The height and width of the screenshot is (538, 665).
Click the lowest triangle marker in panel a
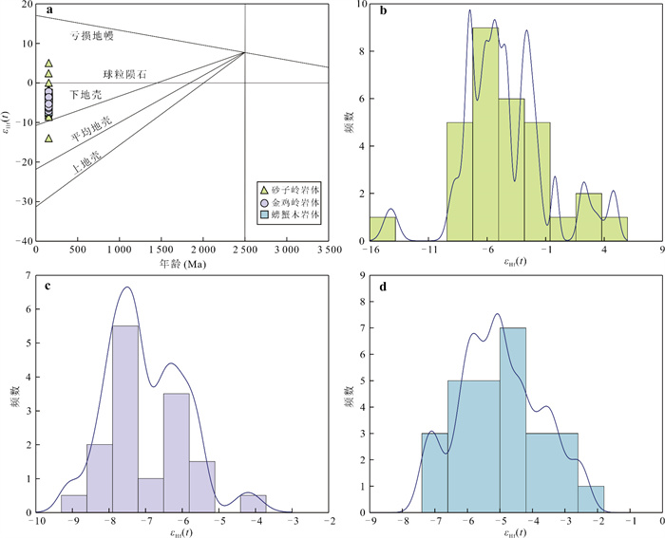(x=48, y=139)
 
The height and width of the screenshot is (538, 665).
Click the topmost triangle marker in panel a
(x=48, y=64)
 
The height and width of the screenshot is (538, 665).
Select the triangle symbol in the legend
(x=265, y=191)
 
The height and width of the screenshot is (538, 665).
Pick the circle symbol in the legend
(x=265, y=203)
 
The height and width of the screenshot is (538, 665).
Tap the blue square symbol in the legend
(x=265, y=215)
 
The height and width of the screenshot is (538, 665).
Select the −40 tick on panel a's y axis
(x=20, y=242)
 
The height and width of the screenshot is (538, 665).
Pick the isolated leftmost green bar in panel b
(x=382, y=229)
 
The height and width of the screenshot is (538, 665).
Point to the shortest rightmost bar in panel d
(x=591, y=499)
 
